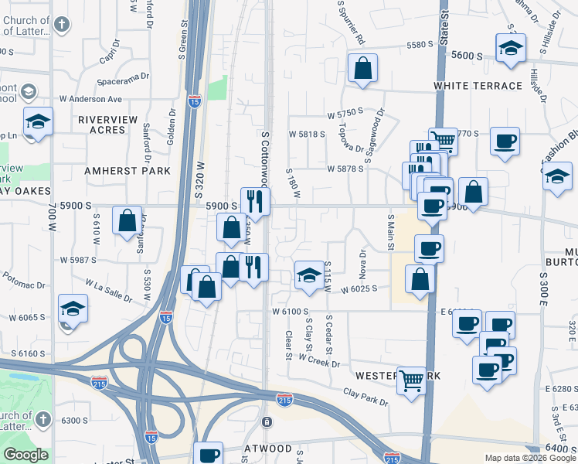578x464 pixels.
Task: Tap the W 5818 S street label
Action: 308,134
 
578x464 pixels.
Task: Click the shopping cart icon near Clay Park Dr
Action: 412,379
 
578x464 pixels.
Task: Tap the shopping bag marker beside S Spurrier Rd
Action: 362,69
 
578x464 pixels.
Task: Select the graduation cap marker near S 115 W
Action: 309,275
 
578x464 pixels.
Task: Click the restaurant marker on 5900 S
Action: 255,202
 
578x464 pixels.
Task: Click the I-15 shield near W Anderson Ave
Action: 193,101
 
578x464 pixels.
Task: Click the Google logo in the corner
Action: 26,455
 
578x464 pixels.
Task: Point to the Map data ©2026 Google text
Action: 530,458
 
